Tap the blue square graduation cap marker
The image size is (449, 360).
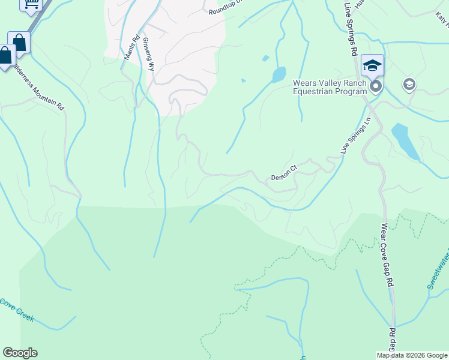[372, 65]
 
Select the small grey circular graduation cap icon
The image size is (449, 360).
[410, 84]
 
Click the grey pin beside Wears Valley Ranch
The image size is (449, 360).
[376, 88]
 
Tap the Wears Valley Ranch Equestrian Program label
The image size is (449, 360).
[330, 87]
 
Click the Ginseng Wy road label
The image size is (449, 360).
[148, 55]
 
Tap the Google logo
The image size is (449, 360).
[20, 353]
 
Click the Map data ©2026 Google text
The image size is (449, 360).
[411, 355]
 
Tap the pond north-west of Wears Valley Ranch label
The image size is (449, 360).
[279, 75]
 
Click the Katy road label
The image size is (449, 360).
[443, 21]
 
